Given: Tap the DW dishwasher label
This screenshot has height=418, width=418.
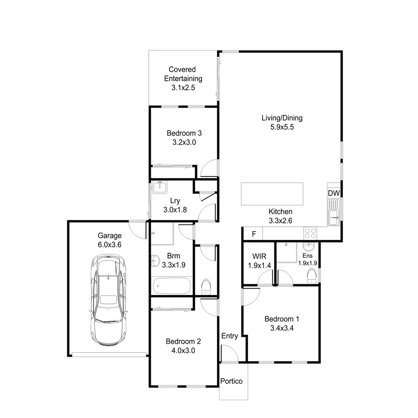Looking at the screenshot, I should pyautogui.click(x=333, y=193).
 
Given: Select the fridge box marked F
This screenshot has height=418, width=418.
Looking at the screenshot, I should pyautogui.click(x=254, y=234).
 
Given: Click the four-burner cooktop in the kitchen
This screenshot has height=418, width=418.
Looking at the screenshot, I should pyautogui.click(x=310, y=233).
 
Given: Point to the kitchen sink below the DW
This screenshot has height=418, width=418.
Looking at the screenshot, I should pyautogui.click(x=333, y=213).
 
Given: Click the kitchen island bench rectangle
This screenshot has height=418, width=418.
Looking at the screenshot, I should pyautogui.click(x=272, y=194).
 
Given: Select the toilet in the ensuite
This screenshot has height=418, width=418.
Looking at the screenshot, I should pyautogui.click(x=312, y=276).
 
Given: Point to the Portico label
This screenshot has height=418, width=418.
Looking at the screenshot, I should pyautogui.click(x=231, y=381).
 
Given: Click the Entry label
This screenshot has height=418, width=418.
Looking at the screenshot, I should pyautogui.click(x=230, y=336).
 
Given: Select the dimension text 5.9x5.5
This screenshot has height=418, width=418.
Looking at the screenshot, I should pyautogui.click(x=282, y=127).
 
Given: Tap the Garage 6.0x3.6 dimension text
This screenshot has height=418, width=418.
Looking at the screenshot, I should pyautogui.click(x=110, y=245).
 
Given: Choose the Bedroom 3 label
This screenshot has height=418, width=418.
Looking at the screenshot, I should pyautogui.click(x=184, y=133).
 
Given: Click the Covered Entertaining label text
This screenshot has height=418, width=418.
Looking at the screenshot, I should pyautogui.click(x=183, y=74).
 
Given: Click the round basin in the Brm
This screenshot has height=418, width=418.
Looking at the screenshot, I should pyautogui.click(x=155, y=261).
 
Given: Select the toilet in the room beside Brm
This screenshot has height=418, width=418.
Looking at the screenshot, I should pyautogui.click(x=206, y=286).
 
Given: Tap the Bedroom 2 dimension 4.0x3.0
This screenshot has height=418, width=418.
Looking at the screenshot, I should pyautogui.click(x=183, y=351).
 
